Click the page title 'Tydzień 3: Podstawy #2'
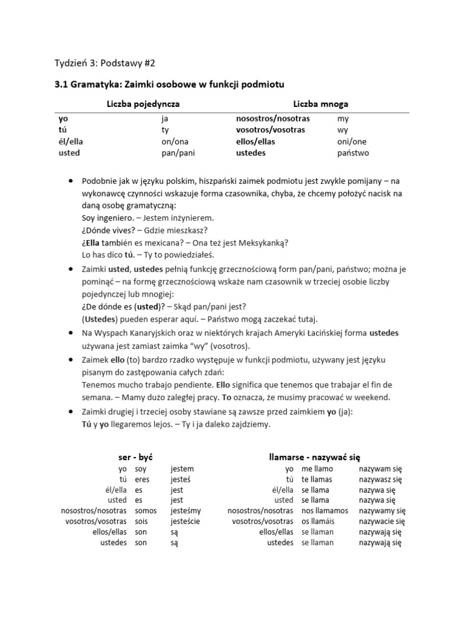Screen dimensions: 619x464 (x=109, y=63)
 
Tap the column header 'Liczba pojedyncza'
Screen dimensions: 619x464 (x=143, y=104)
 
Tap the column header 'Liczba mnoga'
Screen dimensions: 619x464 (x=320, y=104)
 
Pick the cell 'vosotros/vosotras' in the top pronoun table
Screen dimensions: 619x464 (x=270, y=130)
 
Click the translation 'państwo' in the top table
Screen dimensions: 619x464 (x=353, y=153)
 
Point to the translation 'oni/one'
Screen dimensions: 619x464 (x=352, y=141)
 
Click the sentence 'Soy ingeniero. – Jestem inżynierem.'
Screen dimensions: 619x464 (x=147, y=218)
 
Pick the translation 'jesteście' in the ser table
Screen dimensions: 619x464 (x=185, y=521)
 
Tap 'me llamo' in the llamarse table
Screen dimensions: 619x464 (x=317, y=468)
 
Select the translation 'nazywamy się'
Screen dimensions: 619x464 (x=382, y=511)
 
